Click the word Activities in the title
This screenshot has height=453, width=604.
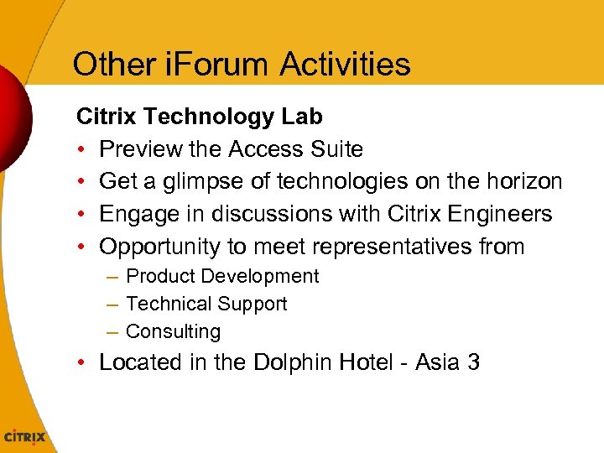tap(345, 65)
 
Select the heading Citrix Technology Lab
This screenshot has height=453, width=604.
tap(199, 116)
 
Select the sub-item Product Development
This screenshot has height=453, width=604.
tap(222, 276)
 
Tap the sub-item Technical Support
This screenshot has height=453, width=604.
tap(206, 304)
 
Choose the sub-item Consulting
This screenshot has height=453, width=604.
tap(173, 331)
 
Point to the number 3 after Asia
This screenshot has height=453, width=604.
tap(474, 362)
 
